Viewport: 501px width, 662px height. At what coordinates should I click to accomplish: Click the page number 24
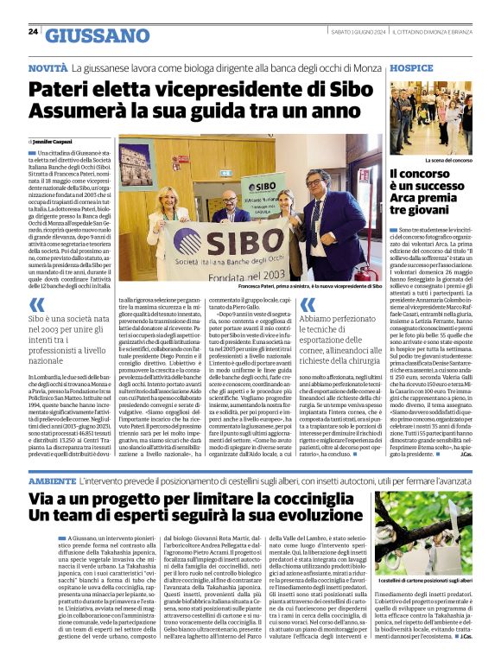point(33,31)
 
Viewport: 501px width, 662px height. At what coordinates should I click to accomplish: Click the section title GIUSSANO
point(97,35)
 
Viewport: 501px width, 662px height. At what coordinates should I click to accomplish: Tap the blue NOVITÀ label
point(48,67)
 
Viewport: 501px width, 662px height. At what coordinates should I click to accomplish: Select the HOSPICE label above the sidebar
point(410,67)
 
